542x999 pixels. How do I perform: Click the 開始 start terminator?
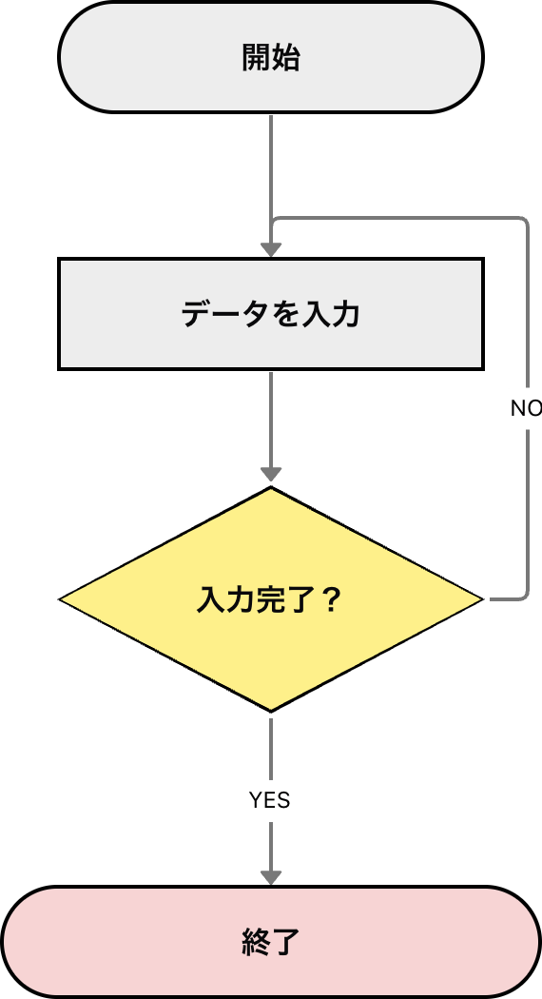click(271, 57)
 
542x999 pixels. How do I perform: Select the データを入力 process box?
click(271, 313)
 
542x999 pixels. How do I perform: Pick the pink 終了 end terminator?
click(271, 942)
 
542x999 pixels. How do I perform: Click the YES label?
click(270, 801)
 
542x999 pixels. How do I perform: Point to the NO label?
click(525, 408)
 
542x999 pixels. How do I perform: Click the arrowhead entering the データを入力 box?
click(271, 249)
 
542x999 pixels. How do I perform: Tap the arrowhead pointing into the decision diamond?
click(271, 474)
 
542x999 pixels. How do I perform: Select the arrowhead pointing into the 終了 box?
click(271, 875)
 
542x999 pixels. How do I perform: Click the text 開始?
click(271, 58)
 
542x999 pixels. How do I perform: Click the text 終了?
click(271, 942)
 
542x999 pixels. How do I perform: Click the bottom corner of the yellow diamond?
click(271, 710)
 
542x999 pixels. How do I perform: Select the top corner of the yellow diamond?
click(271, 489)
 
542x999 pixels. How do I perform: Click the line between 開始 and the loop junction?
click(271, 166)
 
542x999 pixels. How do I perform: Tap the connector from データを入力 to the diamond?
click(271, 419)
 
